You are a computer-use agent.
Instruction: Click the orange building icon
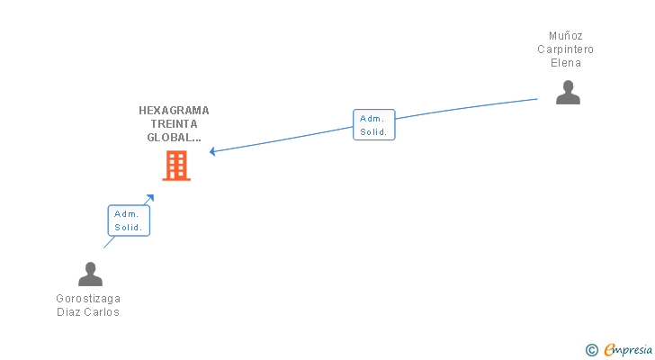[x=176, y=166]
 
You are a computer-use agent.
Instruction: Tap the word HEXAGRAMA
[x=174, y=111]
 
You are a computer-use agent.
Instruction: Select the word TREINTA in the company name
[x=174, y=124]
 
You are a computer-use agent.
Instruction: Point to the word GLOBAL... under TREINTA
[x=174, y=138]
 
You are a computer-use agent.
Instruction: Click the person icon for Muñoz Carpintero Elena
[x=568, y=93]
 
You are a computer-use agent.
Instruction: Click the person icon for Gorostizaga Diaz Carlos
[x=90, y=274]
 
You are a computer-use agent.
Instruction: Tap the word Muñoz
[x=566, y=36]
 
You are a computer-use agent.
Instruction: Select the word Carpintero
[x=566, y=49]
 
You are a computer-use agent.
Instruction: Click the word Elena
[x=566, y=63]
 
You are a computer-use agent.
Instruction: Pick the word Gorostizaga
[x=88, y=299]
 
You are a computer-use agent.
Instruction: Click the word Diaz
[x=69, y=312]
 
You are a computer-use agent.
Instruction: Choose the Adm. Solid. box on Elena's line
[x=373, y=125]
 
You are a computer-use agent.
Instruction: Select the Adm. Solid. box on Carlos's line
[x=129, y=220]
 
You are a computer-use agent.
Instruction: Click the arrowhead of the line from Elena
[x=213, y=151]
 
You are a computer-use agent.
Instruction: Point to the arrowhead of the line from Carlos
[x=150, y=198]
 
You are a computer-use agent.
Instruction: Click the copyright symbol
[x=592, y=350]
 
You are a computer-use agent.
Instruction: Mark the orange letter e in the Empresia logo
[x=609, y=350]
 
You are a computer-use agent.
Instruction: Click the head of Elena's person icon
[x=568, y=86]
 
